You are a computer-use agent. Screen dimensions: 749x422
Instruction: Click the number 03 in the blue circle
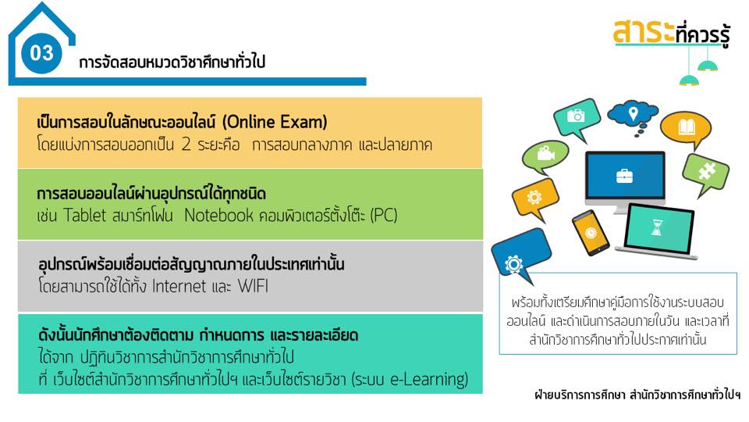tap(41, 52)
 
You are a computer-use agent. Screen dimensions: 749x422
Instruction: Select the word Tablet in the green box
tap(84, 216)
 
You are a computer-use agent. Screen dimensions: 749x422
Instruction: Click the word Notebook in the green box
tap(218, 216)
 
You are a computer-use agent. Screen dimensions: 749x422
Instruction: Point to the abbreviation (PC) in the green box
tap(384, 216)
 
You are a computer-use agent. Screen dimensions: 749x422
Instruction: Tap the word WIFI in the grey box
tap(253, 286)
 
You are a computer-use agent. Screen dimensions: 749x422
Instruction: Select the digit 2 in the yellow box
tap(186, 145)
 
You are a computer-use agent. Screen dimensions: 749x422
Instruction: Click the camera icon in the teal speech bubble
tap(576, 116)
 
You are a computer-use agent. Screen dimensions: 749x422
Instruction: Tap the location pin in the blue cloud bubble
tap(633, 113)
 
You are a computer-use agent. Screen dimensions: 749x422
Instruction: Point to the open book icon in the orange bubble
tap(687, 127)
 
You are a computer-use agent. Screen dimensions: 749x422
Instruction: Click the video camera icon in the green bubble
tap(545, 153)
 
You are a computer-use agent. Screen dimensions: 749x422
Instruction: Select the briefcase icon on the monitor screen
tap(624, 176)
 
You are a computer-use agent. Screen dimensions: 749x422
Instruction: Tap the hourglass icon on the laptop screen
tap(658, 227)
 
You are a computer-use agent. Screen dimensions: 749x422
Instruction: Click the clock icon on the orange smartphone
tap(591, 233)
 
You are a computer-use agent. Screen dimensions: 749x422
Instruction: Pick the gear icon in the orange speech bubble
tap(534, 197)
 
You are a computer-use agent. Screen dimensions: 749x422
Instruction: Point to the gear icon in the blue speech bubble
tap(513, 264)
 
